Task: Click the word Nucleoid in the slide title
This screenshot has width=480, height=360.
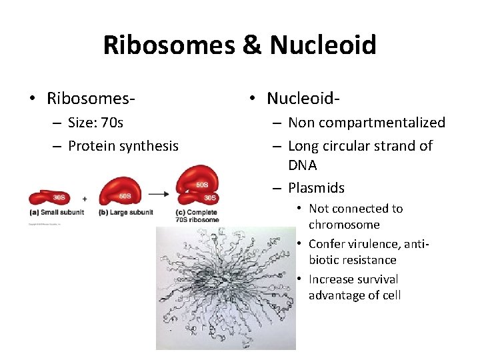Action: pos(323,45)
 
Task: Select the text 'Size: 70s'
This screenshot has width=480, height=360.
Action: pos(95,123)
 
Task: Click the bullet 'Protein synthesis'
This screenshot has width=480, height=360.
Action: pos(123,146)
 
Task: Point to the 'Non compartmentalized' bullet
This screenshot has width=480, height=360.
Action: pos(366,123)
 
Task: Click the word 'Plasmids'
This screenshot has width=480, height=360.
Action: pos(316,188)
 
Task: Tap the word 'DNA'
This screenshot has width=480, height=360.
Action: pos(302,165)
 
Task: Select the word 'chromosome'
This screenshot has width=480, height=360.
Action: pos(344,225)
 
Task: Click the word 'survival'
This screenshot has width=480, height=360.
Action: pos(373,279)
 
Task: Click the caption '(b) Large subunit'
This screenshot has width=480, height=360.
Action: pos(125,213)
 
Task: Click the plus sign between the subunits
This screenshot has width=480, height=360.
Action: pos(85,198)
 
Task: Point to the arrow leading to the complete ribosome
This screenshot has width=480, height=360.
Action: pos(158,195)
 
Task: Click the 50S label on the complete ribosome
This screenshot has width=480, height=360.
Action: pos(202,184)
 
